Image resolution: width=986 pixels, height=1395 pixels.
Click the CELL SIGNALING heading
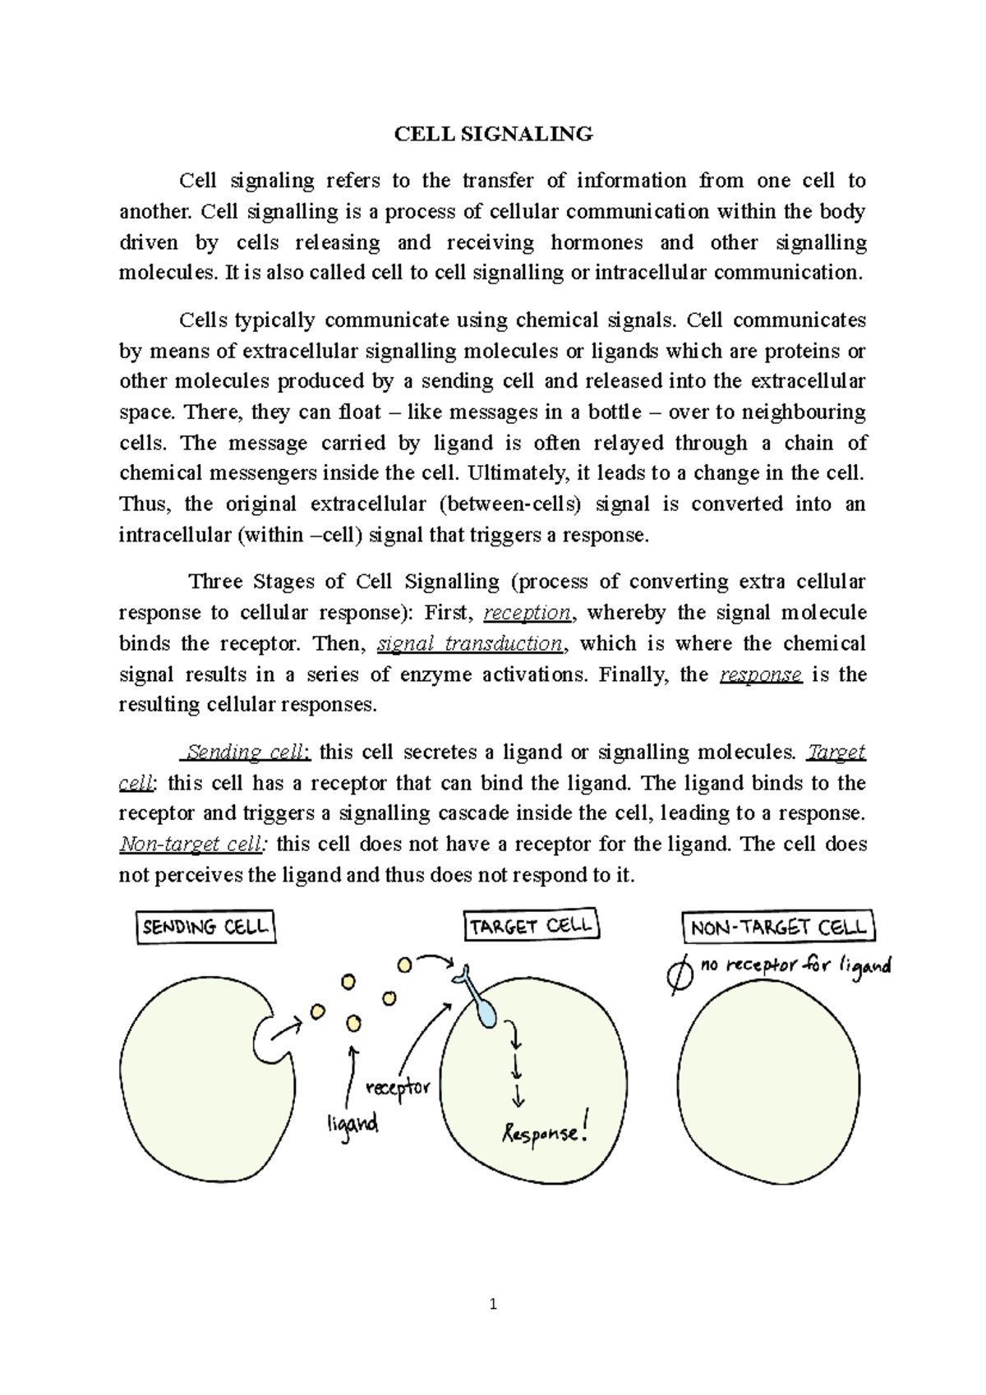coord(493,134)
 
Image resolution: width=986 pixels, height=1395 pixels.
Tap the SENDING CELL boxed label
coord(205,928)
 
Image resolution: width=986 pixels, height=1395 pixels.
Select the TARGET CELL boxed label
coord(532,926)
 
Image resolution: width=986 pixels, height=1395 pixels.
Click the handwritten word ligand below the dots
coord(352,1122)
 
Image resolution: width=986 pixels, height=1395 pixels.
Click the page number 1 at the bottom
coord(493,1304)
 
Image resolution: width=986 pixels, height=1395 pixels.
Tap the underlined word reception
coord(528,613)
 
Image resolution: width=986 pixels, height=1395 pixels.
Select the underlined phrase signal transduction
coord(470,643)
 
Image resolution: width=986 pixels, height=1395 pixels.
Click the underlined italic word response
coord(760,674)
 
